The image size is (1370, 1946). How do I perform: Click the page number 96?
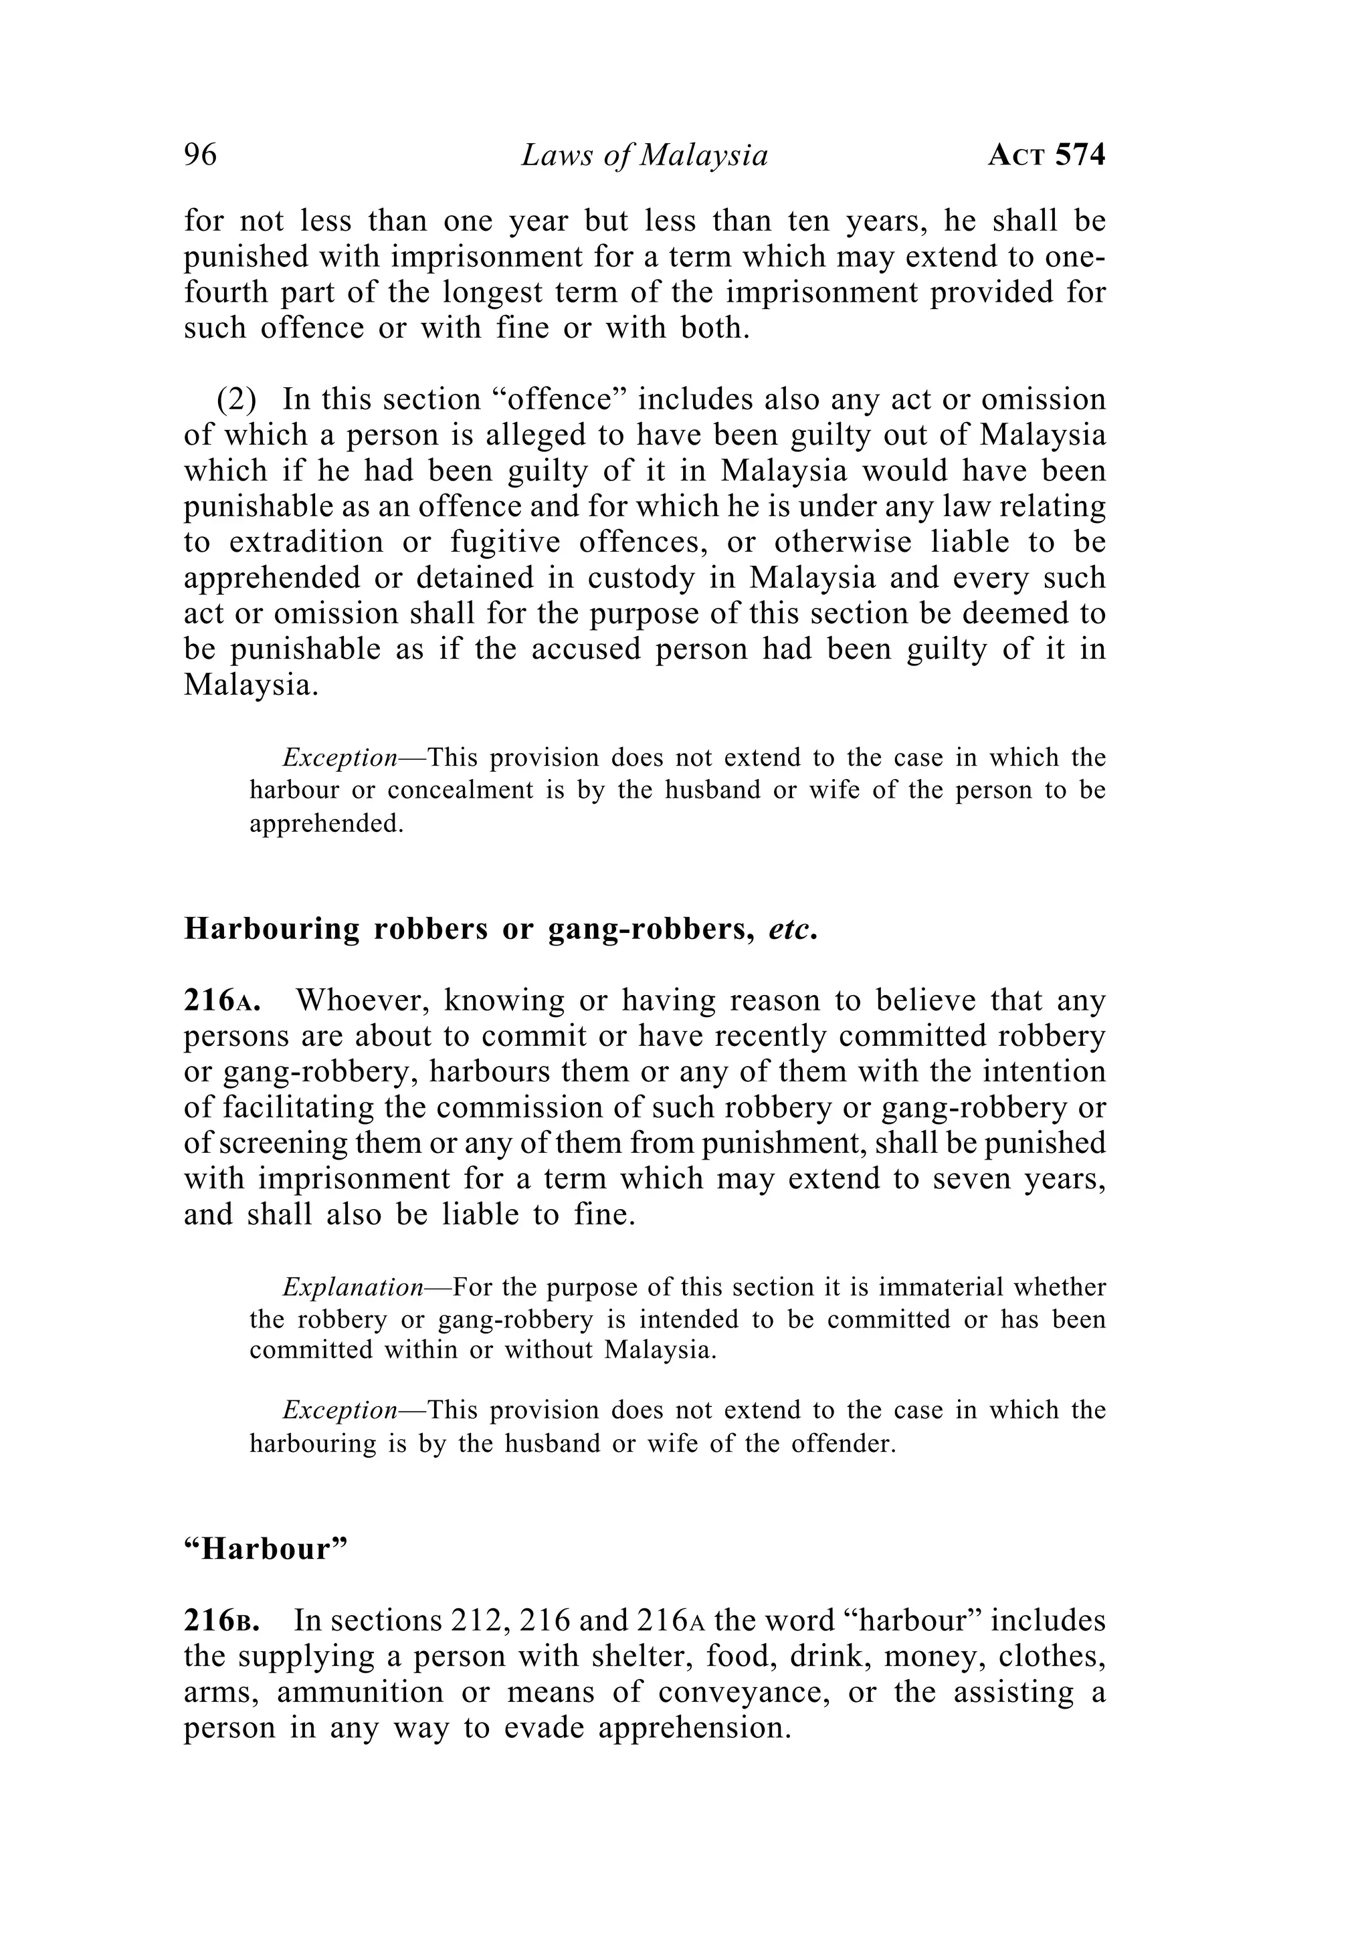[200, 155]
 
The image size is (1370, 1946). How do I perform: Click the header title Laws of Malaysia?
[644, 156]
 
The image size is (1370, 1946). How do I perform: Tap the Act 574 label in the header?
[1046, 156]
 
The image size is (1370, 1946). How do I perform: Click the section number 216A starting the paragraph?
[221, 1001]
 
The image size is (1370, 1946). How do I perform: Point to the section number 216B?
[221, 1620]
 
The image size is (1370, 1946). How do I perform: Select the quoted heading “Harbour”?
[266, 1549]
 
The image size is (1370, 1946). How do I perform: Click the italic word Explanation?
[353, 1287]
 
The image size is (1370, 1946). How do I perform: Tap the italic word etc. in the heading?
[793, 929]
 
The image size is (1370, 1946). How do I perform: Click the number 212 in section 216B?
[478, 1620]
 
